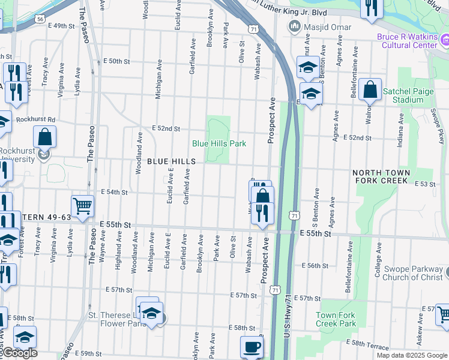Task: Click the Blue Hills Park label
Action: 219,143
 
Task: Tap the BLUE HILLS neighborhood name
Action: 172,162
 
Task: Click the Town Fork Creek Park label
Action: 336,319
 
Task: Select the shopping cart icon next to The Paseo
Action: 82,206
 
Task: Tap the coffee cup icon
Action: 252,346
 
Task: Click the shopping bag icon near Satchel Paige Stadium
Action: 371,90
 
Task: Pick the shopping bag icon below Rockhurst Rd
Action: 45,136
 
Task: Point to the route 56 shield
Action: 40,19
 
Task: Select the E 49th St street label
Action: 62,26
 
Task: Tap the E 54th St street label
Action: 115,192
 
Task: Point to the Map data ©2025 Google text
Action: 411,355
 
